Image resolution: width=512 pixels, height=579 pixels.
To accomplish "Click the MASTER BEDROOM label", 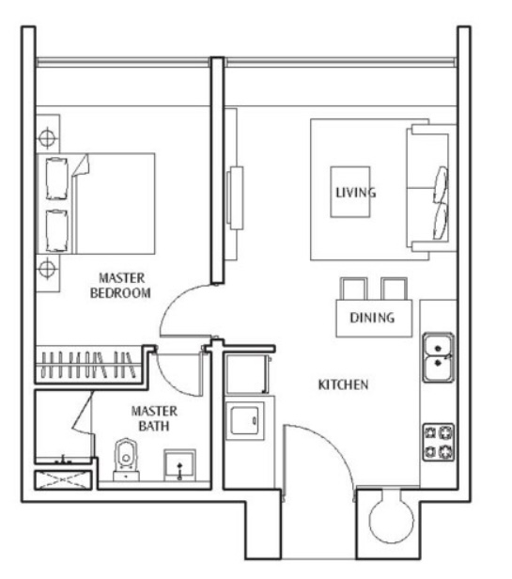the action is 120,285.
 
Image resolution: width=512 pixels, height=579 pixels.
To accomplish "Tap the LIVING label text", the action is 355,193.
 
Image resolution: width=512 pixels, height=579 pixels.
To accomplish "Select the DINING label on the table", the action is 372,318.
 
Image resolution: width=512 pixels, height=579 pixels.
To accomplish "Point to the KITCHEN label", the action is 343,384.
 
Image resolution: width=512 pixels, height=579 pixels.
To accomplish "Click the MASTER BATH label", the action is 154,418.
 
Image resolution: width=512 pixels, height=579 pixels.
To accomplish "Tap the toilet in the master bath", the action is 126,460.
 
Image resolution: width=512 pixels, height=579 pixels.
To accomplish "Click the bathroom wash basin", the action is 179,465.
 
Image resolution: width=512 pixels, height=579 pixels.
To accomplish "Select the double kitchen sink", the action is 438,357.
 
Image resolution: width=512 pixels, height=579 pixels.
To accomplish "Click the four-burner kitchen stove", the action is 439,442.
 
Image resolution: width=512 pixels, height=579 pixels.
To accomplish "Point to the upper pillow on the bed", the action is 57,179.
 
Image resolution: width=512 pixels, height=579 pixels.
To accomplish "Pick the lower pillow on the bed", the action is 57,231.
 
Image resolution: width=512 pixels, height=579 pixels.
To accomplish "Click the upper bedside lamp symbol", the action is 47,138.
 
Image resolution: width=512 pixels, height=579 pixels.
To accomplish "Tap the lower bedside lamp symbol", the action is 47,269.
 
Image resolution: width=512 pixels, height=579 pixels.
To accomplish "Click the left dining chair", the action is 353,289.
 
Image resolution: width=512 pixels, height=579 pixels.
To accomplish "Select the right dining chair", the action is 394,289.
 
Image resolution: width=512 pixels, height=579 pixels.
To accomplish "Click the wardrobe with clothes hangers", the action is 89,366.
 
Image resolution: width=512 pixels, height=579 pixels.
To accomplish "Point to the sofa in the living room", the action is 431,188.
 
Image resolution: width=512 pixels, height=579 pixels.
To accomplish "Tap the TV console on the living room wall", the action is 234,198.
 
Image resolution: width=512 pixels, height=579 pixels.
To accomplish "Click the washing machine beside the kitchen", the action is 245,421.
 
